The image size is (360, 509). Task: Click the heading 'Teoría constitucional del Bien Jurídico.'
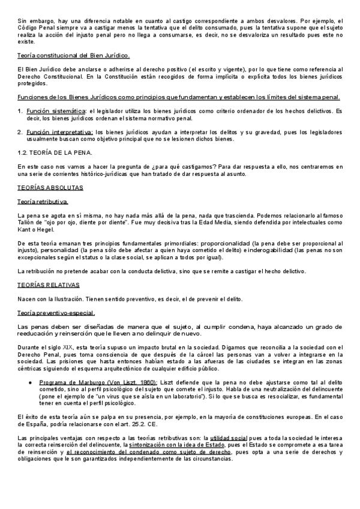74,56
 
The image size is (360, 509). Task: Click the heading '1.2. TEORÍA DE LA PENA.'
55,152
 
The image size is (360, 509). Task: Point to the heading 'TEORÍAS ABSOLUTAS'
50,188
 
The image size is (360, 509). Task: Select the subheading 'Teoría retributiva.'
43,202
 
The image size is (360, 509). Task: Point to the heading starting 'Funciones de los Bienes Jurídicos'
179,97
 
